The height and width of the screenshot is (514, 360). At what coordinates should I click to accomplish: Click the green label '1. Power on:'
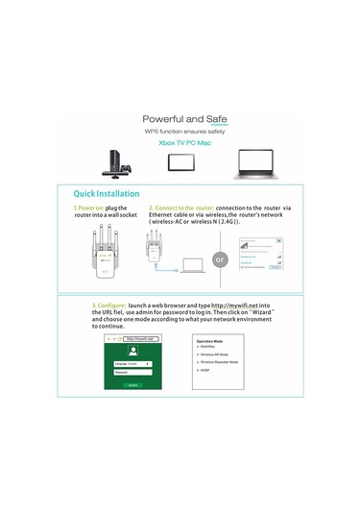point(89,207)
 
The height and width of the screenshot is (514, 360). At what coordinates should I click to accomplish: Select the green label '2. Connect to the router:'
point(180,207)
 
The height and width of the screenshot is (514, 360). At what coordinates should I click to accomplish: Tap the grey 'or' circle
point(219,260)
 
